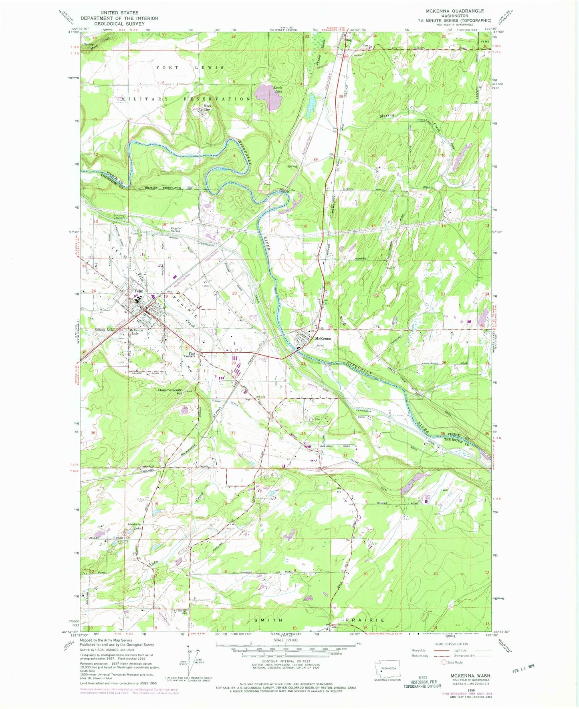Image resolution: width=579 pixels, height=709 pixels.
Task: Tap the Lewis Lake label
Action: pyautogui.click(x=278, y=89)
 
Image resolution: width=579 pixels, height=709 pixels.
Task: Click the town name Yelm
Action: pyautogui.click(x=139, y=291)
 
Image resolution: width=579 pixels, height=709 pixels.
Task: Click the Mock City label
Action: pyautogui.click(x=207, y=108)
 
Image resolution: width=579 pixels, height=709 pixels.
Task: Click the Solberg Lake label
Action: pyautogui.click(x=104, y=330)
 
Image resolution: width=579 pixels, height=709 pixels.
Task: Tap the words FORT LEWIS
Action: pyautogui.click(x=190, y=68)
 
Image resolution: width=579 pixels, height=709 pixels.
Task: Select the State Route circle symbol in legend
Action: pyautogui.click(x=444, y=662)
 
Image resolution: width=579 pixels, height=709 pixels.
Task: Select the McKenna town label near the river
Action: pyautogui.click(x=323, y=338)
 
